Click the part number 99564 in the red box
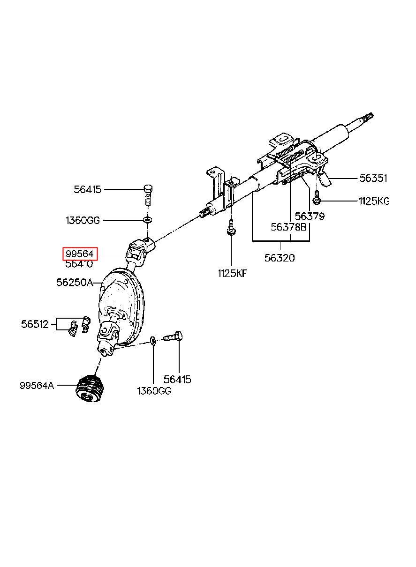tap(80, 254)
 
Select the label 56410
tap(79, 264)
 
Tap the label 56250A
tap(75, 282)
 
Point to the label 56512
tap(35, 324)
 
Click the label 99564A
tap(37, 386)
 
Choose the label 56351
tap(373, 179)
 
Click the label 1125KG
tap(374, 201)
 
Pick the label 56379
tap(310, 216)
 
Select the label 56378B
tap(288, 227)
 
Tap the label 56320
tap(280, 258)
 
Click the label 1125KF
tap(232, 273)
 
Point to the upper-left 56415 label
tap(87, 189)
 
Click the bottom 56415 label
tap(177, 380)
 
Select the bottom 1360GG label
tap(154, 391)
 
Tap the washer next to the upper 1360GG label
tap(148, 219)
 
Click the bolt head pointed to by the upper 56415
tap(148, 188)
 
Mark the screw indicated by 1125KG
tap(317, 198)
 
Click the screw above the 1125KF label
tap(231, 227)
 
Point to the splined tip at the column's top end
tap(369, 117)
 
